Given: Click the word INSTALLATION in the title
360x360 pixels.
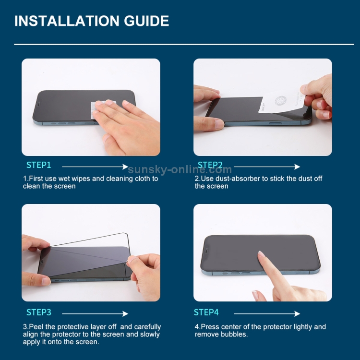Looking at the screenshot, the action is point(67,21).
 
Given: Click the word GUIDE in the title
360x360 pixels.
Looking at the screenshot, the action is point(146,21).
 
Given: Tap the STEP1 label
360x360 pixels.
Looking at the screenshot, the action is point(39,165).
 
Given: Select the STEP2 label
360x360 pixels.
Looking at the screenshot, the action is point(210,165).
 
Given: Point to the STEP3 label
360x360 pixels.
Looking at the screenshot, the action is point(39,312).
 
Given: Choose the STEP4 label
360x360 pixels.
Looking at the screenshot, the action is point(206,312).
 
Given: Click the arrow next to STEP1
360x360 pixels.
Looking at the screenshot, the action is point(95,167).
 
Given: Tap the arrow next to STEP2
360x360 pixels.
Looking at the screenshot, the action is point(267,167).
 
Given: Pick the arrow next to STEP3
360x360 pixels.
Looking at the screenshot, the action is point(95,313).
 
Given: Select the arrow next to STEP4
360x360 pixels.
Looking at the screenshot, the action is point(267,313).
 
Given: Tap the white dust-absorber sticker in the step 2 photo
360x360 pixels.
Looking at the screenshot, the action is point(281,102).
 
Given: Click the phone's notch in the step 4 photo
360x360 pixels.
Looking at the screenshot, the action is point(206,251).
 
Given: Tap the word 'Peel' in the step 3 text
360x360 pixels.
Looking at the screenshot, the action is point(35,327).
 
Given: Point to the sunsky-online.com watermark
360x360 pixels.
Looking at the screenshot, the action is point(180,169).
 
